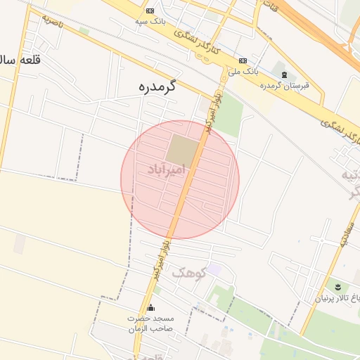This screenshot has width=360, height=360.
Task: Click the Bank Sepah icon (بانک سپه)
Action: pyautogui.click(x=150, y=11)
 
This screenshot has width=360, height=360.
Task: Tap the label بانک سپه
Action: pyautogui.click(x=150, y=22)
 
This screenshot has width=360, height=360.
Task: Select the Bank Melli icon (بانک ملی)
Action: pyautogui.click(x=243, y=60)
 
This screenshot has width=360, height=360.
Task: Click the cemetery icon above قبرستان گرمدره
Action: pyautogui.click(x=284, y=75)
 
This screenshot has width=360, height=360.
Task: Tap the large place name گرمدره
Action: pyautogui.click(x=157, y=87)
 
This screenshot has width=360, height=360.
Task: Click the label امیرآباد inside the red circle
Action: pyautogui.click(x=167, y=169)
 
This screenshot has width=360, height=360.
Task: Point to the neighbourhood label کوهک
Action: pyautogui.click(x=188, y=272)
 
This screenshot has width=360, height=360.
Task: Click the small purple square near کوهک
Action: pyautogui.click(x=214, y=270)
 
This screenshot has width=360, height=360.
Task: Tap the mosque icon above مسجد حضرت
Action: pyautogui.click(x=150, y=307)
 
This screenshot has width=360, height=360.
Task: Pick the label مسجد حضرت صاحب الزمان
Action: pyautogui.click(x=150, y=323)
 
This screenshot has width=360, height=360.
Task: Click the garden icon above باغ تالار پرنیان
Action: pyautogui.click(x=337, y=286)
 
